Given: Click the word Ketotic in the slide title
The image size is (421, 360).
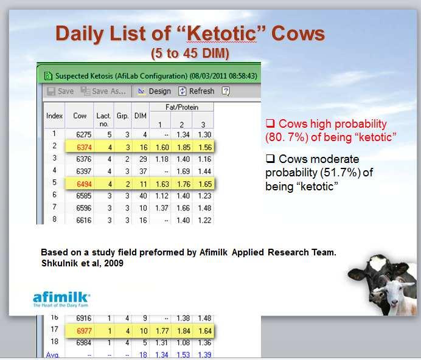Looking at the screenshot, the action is (221, 33).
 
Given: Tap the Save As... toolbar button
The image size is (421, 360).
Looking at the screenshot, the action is (103, 91).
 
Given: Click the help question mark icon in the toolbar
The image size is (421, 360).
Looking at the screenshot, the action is (226, 91).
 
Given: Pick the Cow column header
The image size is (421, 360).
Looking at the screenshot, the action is (80, 116).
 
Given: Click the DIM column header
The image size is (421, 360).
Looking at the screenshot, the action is (141, 116).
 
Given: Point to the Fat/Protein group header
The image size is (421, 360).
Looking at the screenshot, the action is (182, 107).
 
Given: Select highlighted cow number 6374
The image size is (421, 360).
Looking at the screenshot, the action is (84, 147).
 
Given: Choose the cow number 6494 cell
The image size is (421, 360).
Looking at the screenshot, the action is (84, 184).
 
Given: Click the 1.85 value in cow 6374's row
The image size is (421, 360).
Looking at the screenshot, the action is (183, 147).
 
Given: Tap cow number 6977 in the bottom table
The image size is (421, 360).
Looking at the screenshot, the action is (84, 331).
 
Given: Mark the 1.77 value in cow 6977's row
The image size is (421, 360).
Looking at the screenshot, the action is (162, 331).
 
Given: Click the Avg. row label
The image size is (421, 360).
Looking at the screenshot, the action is (52, 355).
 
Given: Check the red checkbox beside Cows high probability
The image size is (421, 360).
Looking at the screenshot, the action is (270, 123).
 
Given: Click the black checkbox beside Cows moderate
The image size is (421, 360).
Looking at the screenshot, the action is (270, 158).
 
